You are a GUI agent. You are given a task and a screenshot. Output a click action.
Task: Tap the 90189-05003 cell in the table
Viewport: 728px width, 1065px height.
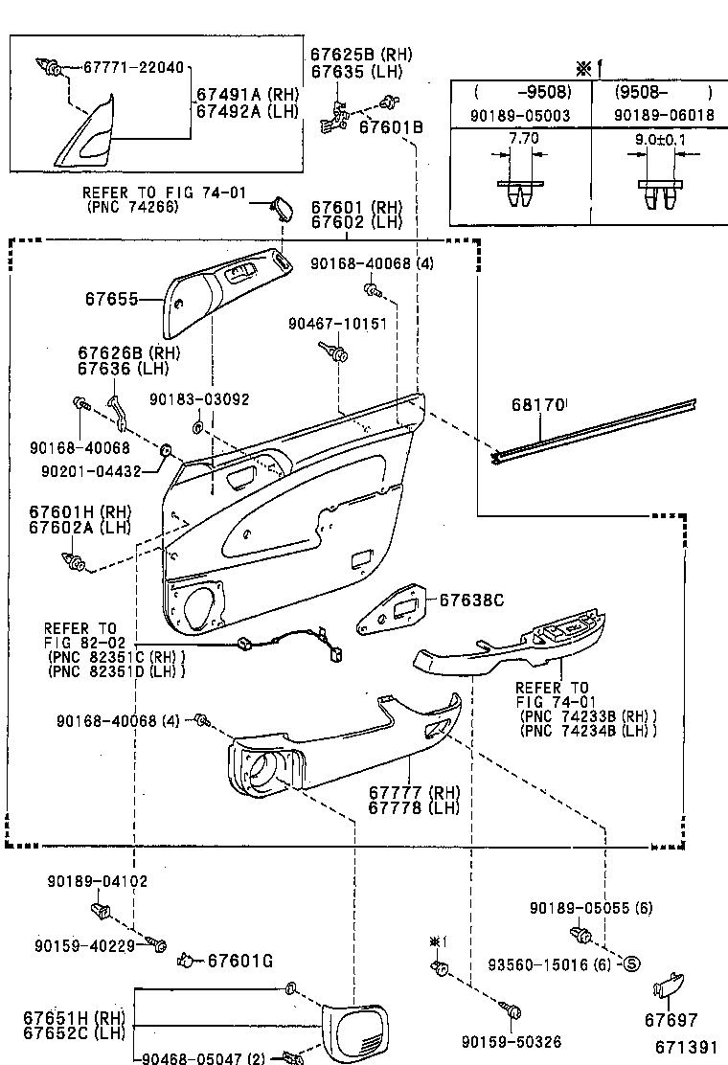click(x=522, y=115)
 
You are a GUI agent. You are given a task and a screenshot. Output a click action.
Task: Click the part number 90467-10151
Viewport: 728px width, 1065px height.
click(x=337, y=324)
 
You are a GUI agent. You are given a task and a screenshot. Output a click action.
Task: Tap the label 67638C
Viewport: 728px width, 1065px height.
click(x=471, y=600)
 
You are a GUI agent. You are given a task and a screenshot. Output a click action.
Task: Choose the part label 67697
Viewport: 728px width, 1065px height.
click(x=671, y=1020)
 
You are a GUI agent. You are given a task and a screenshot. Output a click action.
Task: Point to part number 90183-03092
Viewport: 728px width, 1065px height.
click(x=198, y=399)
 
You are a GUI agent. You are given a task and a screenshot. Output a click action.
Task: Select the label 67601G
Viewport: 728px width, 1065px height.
click(x=240, y=960)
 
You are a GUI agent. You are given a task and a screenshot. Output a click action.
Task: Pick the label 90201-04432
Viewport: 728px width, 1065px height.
click(x=85, y=470)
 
